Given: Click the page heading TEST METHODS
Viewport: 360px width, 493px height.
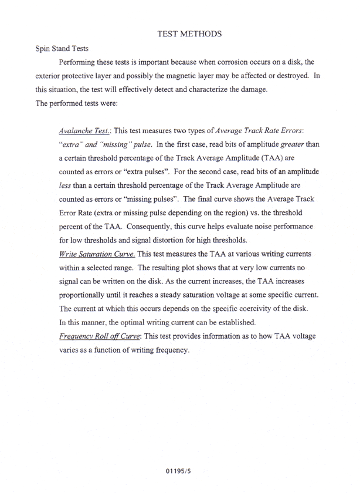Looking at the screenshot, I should pos(189,35).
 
